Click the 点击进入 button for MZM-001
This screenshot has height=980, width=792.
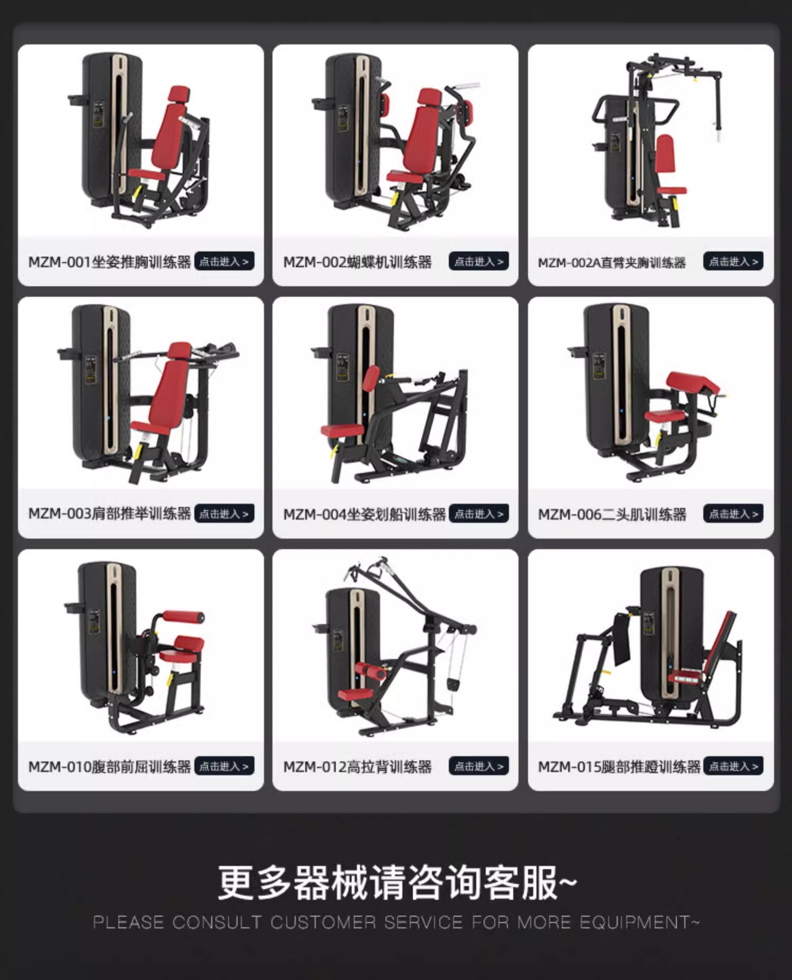(x=224, y=261)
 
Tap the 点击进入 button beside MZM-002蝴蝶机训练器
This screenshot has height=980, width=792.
(x=479, y=261)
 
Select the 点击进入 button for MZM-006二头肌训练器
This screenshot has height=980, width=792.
(x=733, y=514)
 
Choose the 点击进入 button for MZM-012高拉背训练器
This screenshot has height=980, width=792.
(x=479, y=766)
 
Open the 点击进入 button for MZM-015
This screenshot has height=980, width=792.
(x=733, y=766)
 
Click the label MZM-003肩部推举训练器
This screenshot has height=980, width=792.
(x=109, y=514)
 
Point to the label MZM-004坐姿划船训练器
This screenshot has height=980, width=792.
(x=364, y=514)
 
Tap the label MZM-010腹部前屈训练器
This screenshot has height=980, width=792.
(x=109, y=767)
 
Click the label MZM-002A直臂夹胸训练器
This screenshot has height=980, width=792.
(x=611, y=262)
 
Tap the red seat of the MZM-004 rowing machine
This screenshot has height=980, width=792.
(x=342, y=430)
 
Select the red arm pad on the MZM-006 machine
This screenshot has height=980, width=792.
(x=693, y=383)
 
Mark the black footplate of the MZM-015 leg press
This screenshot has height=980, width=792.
(x=622, y=639)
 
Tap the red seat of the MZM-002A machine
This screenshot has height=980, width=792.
(x=672, y=190)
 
